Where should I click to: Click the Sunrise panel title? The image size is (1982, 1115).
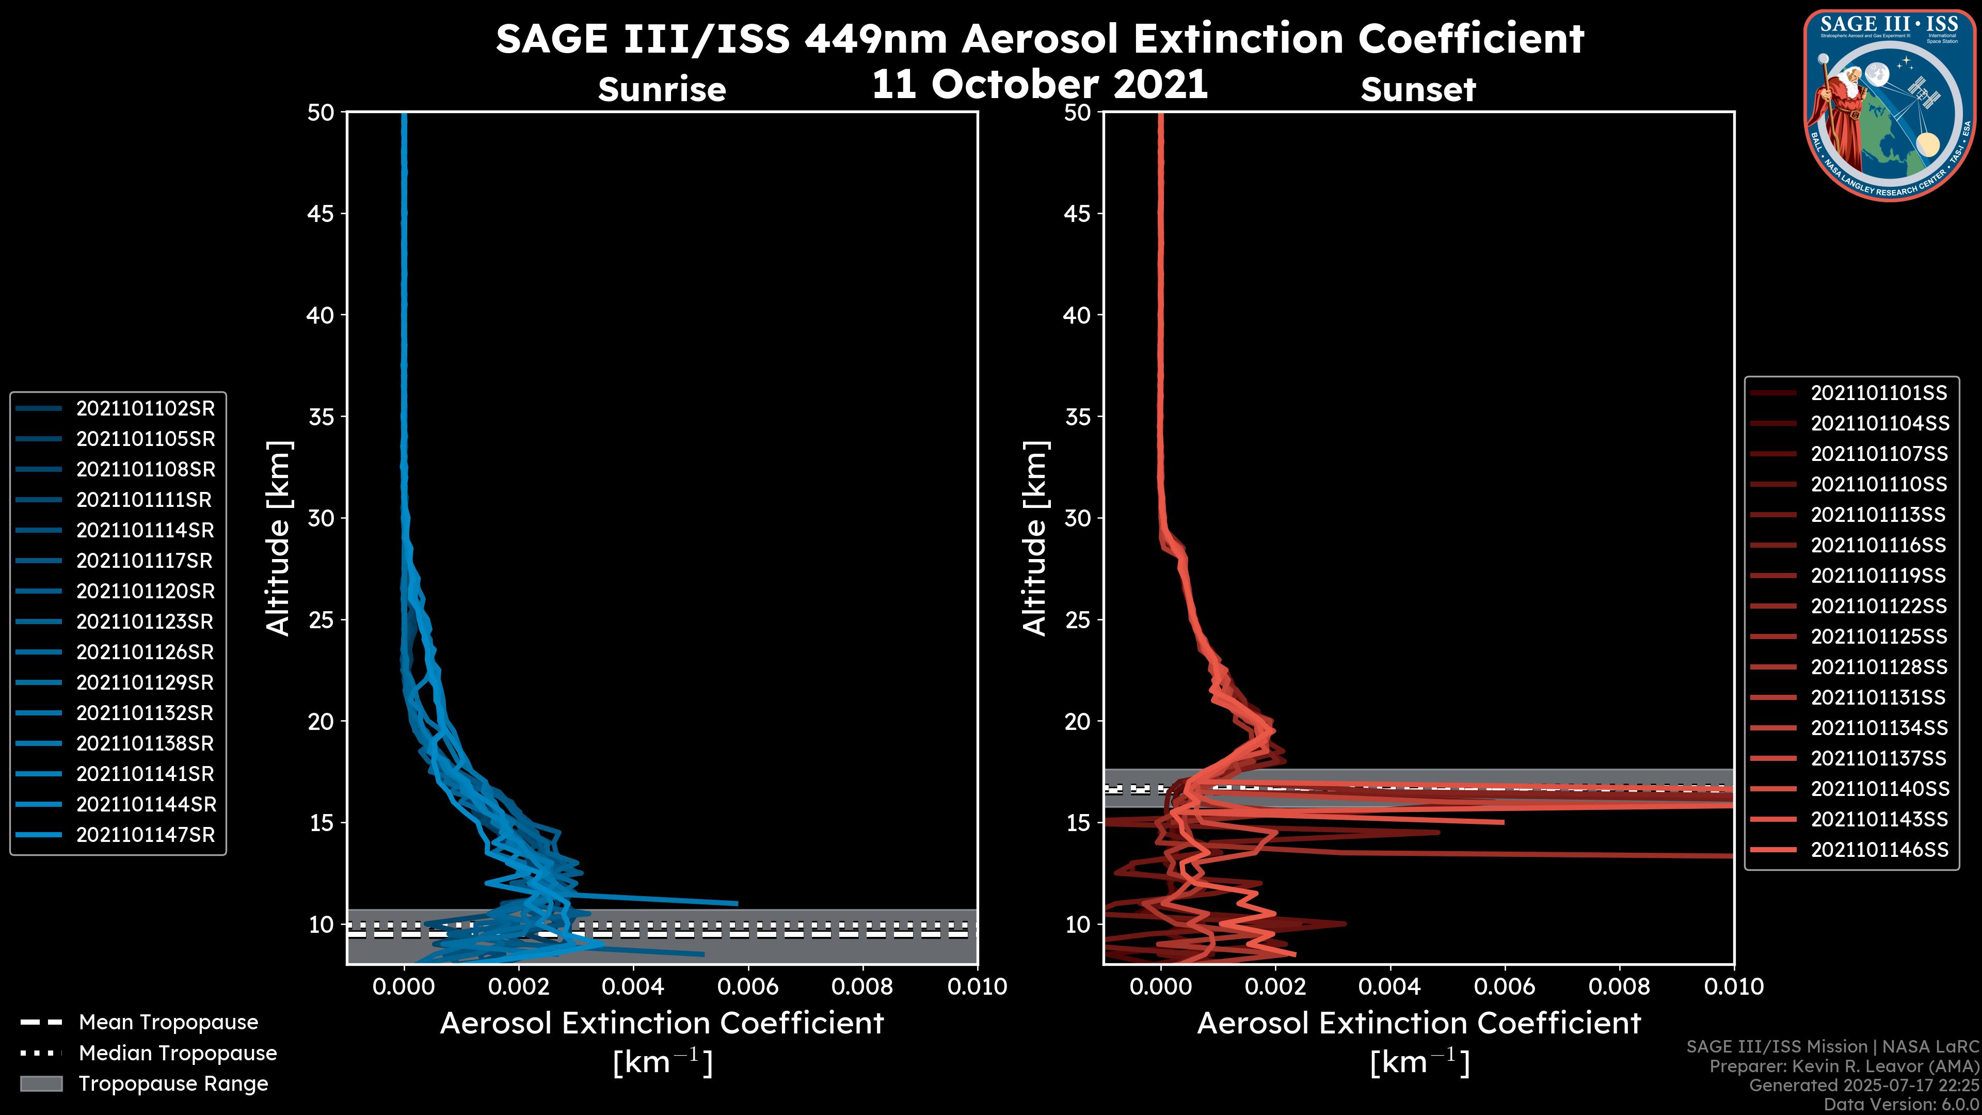(x=662, y=89)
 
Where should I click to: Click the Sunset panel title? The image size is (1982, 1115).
(x=1418, y=89)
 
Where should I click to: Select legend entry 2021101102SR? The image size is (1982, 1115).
(x=145, y=409)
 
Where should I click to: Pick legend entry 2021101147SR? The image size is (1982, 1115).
(x=145, y=835)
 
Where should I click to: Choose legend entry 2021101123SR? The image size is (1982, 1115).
(x=145, y=622)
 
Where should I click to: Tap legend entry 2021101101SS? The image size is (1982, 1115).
(x=1878, y=393)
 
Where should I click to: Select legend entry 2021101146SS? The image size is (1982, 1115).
(x=1878, y=850)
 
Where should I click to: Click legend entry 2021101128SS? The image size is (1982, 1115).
(x=1878, y=667)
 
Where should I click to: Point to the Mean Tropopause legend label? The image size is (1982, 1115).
(x=168, y=1023)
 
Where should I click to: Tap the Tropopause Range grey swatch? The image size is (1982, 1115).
(x=41, y=1084)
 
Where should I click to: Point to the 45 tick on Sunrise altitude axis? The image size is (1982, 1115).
(x=321, y=214)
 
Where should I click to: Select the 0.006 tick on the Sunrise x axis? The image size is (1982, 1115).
(x=748, y=986)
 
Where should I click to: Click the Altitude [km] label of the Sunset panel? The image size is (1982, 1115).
(x=1035, y=538)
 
